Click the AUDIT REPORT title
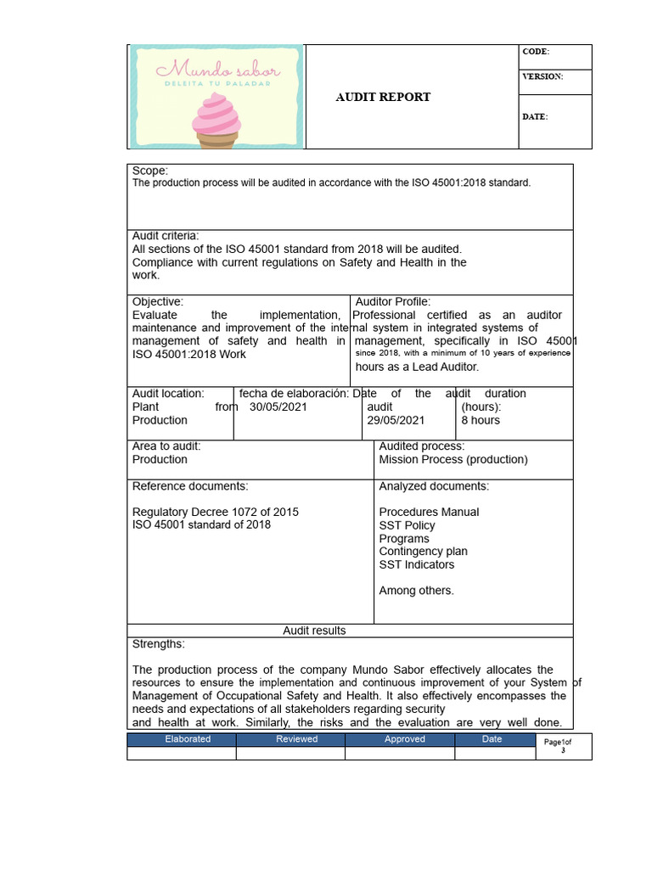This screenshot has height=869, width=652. [x=383, y=97]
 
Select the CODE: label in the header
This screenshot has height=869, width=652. [x=536, y=52]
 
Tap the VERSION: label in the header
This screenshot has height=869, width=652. [x=542, y=76]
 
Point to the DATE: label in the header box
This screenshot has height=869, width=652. [x=535, y=116]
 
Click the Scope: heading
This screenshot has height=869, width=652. [x=150, y=171]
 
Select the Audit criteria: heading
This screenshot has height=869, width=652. [x=166, y=236]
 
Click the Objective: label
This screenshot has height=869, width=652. [x=158, y=301]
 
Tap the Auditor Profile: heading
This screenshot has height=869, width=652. [x=393, y=301]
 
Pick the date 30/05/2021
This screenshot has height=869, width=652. [x=279, y=406]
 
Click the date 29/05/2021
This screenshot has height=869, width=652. [x=396, y=420]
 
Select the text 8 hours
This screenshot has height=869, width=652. [x=481, y=420]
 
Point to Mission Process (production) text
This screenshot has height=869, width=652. [x=453, y=459]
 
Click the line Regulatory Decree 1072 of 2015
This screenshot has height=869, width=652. [x=216, y=512]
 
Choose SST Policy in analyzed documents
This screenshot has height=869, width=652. [x=407, y=525]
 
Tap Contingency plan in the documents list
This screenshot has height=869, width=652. [x=423, y=551]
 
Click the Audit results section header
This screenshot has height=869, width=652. [x=314, y=631]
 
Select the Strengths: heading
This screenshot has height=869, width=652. [x=159, y=644]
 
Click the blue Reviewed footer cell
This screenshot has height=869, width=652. [x=297, y=739]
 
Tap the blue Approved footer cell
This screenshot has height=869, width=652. [x=405, y=739]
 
